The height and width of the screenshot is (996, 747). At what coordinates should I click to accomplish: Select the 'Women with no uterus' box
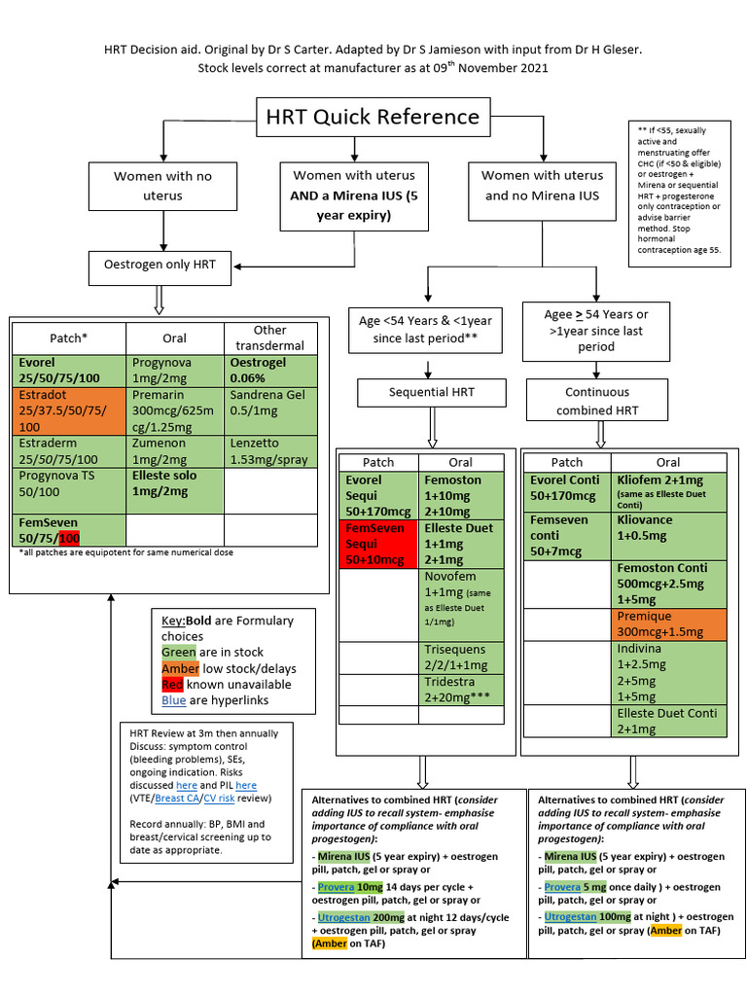[x=162, y=186]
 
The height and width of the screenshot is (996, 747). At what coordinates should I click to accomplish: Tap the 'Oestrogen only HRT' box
[x=160, y=265]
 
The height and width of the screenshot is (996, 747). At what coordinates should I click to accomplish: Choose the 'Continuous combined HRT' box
[x=598, y=401]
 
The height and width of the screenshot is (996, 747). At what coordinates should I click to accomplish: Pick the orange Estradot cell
[x=68, y=410]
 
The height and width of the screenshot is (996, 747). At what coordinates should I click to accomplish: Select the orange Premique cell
[x=668, y=624]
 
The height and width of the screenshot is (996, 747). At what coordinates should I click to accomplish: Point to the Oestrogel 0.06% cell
[x=270, y=370]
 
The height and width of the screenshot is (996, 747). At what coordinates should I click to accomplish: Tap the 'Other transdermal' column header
[x=270, y=338]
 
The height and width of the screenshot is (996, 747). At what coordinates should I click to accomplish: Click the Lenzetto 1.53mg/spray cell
[x=270, y=451]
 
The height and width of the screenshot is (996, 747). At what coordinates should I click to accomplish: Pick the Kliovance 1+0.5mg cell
[x=668, y=527]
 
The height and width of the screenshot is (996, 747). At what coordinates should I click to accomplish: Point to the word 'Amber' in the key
[x=181, y=668]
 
